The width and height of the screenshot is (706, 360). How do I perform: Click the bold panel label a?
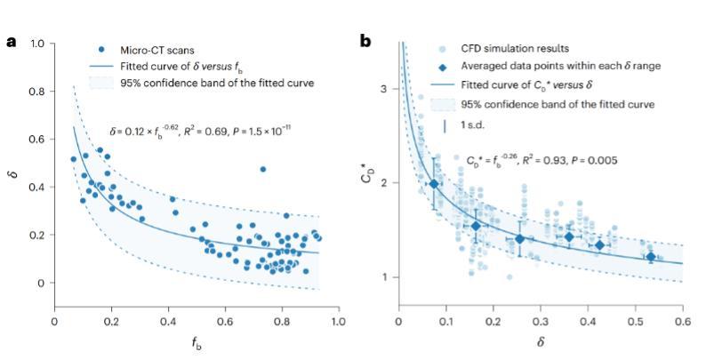click(10, 42)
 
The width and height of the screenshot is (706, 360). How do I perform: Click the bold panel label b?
click(365, 42)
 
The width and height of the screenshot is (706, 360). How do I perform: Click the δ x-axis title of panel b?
click(540, 342)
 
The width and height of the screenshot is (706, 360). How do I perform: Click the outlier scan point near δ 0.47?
click(262, 169)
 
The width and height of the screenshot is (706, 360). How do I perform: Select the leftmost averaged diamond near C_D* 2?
click(434, 184)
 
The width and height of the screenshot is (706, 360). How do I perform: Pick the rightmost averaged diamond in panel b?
click(651, 257)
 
